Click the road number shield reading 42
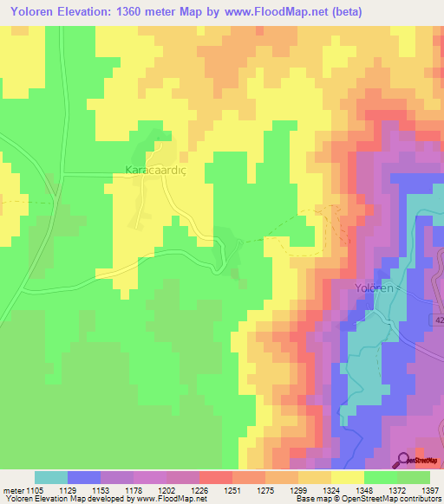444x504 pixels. click(436, 320)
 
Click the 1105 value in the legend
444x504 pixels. click(35, 490)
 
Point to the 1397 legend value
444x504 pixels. click(430, 490)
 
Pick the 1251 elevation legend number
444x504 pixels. click(232, 490)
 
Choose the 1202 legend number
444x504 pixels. click(166, 490)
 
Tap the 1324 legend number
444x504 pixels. click(330, 490)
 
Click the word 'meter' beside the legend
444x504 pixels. click(12, 490)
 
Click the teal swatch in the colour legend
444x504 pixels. click(51, 477)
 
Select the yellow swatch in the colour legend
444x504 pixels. click(348, 477)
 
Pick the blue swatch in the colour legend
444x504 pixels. click(84, 477)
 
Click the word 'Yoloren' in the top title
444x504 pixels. click(28, 11)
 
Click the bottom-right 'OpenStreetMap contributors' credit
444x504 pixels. click(390, 499)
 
